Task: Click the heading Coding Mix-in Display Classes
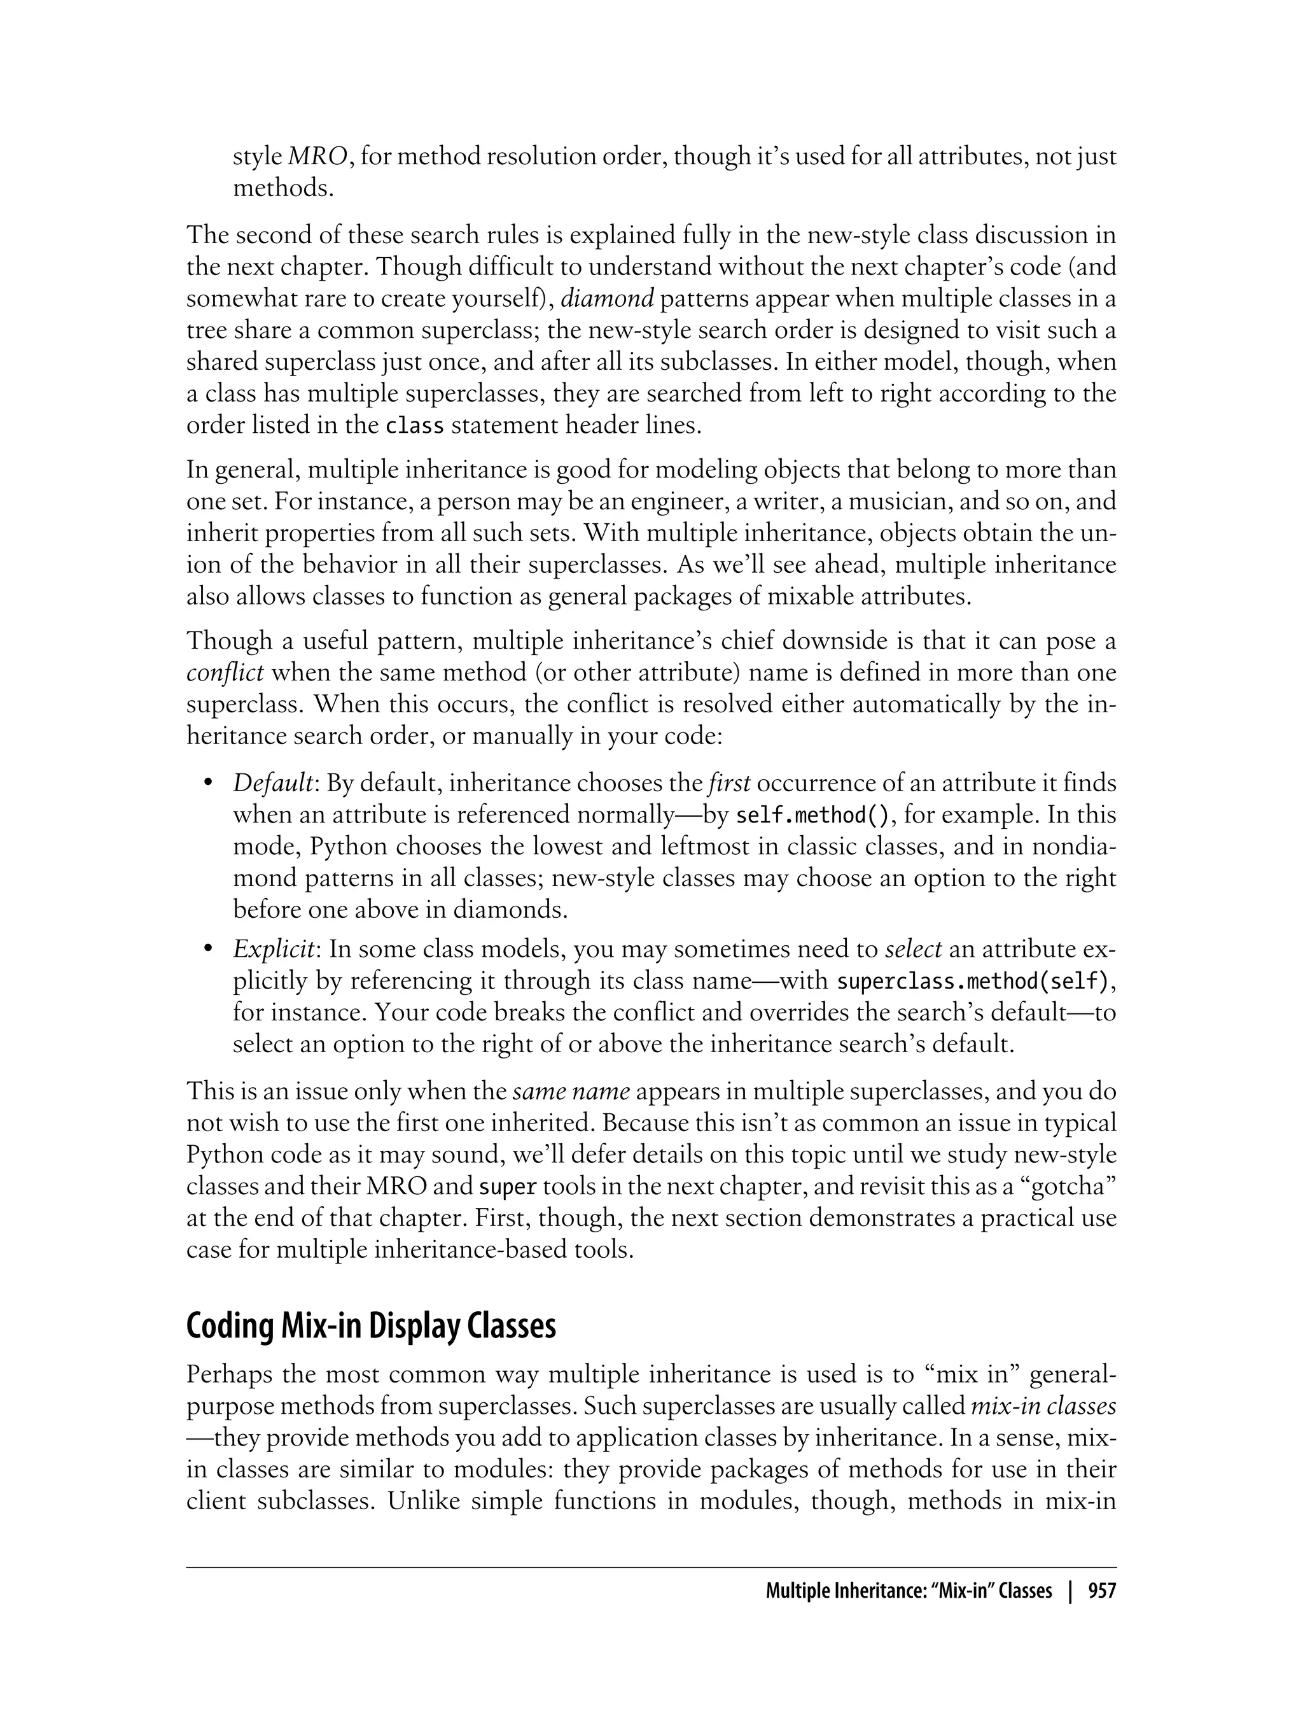click(x=371, y=1327)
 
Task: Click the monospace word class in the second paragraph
click(x=414, y=426)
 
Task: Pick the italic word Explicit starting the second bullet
click(x=274, y=950)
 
